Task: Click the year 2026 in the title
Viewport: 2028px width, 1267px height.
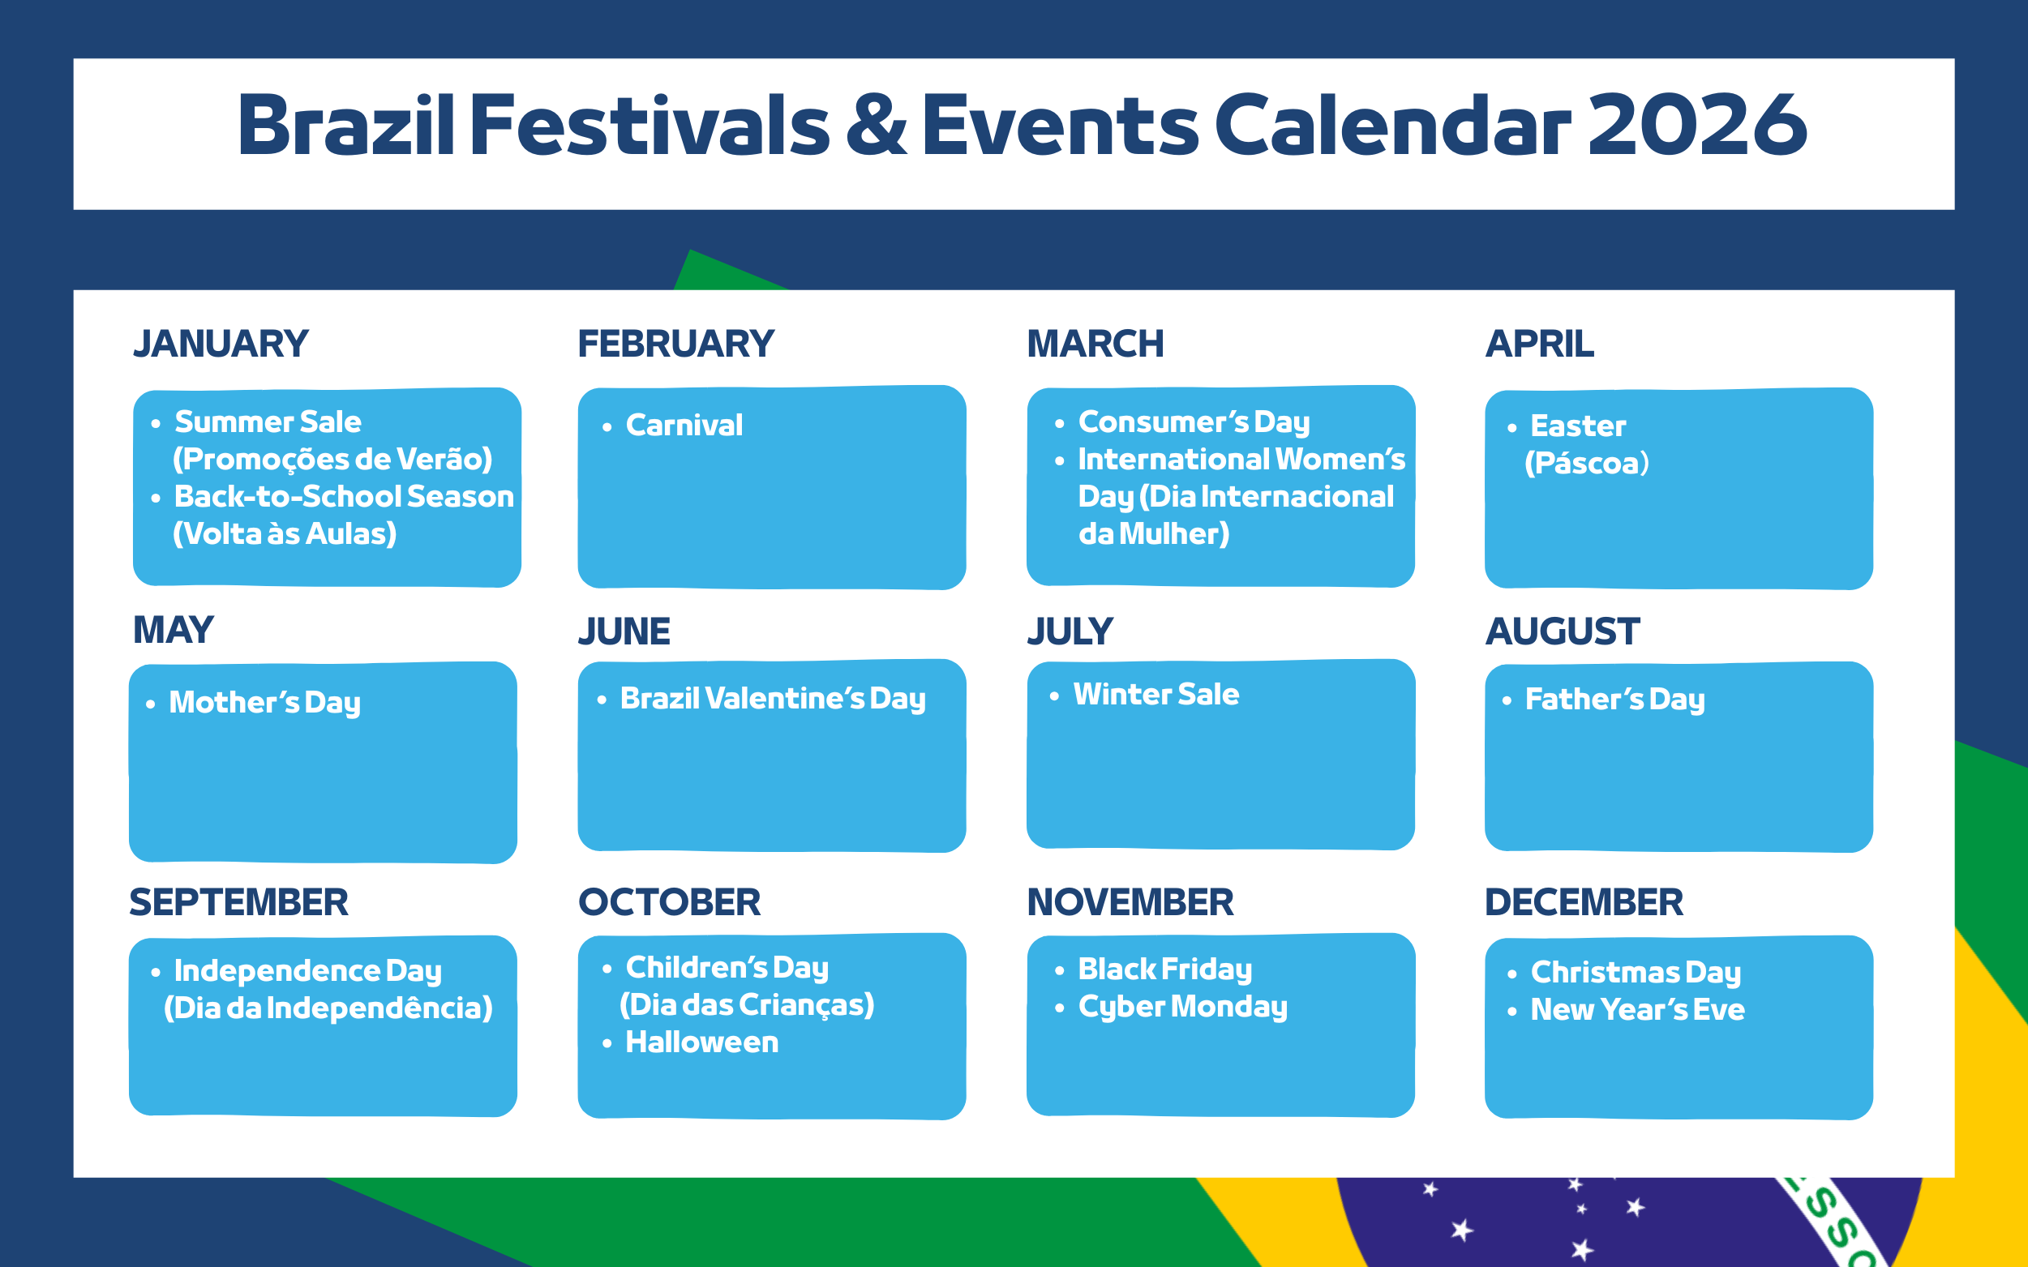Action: pyautogui.click(x=1697, y=125)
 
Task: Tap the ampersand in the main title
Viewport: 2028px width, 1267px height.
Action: pyautogui.click(x=877, y=125)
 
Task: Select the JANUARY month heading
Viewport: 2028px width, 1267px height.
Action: pyautogui.click(x=221, y=344)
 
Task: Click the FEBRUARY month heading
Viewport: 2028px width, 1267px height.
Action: pyautogui.click(x=675, y=344)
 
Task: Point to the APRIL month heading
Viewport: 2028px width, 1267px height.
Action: pyautogui.click(x=1539, y=344)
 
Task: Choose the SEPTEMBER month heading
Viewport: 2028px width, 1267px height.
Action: pyautogui.click(x=239, y=902)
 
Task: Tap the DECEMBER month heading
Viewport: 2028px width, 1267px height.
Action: pyautogui.click(x=1584, y=902)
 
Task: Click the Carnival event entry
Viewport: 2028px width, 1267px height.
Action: pyautogui.click(x=684, y=425)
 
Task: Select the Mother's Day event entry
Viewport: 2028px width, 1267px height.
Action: pyautogui.click(x=265, y=702)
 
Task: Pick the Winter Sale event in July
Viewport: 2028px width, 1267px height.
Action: pyautogui.click(x=1156, y=694)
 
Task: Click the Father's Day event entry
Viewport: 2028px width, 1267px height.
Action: pyautogui.click(x=1614, y=699)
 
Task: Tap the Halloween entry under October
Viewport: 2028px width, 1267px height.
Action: pyautogui.click(x=702, y=1042)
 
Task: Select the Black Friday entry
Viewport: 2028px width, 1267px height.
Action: pyautogui.click(x=1165, y=969)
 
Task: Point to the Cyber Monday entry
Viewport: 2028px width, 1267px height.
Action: pyautogui.click(x=1182, y=1007)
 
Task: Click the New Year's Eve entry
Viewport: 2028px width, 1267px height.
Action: pyautogui.click(x=1637, y=1009)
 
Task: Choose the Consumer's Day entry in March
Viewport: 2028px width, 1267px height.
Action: pyautogui.click(x=1194, y=422)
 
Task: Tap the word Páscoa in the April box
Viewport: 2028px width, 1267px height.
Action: pyautogui.click(x=1586, y=463)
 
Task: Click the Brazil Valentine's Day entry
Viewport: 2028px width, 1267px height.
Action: pyautogui.click(x=773, y=698)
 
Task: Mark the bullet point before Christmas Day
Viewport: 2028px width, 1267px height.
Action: pyautogui.click(x=1511, y=974)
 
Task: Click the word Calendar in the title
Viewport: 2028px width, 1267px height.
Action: pyautogui.click(x=1392, y=125)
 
